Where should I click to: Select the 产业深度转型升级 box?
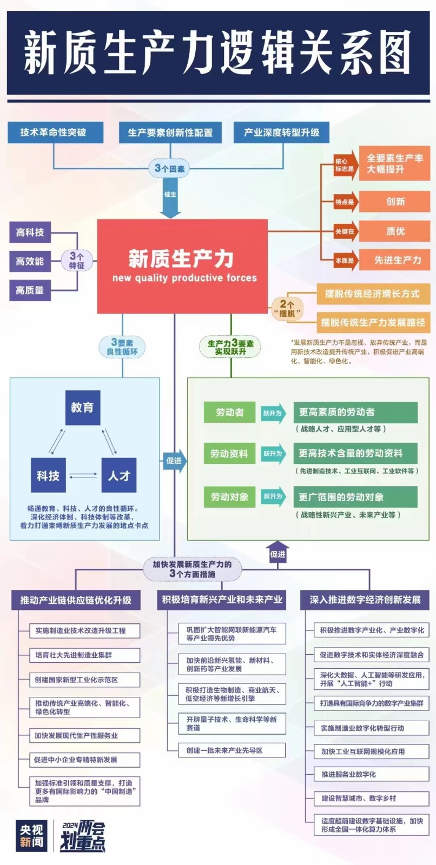pyautogui.click(x=281, y=132)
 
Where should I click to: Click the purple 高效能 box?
pyautogui.click(x=30, y=261)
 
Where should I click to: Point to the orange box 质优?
pyautogui.click(x=395, y=231)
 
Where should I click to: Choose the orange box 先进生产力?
pyautogui.click(x=395, y=260)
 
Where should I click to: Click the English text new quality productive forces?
pyautogui.click(x=184, y=278)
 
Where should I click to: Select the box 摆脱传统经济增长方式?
pyautogui.click(x=372, y=294)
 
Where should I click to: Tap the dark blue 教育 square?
pyautogui.click(x=82, y=408)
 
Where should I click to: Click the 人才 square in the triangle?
pyautogui.click(x=119, y=476)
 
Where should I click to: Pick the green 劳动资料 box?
pyautogui.click(x=229, y=454)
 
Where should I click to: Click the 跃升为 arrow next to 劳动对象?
pyautogui.click(x=273, y=496)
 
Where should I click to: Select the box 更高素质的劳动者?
pyautogui.click(x=355, y=412)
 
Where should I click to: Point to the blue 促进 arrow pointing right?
pyautogui.click(x=174, y=461)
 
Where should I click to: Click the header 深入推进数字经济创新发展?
pyautogui.click(x=365, y=600)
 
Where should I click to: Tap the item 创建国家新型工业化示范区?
pyautogui.click(x=84, y=680)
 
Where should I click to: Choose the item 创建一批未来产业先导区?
pyautogui.click(x=232, y=750)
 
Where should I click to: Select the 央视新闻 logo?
pyautogui.click(x=32, y=835)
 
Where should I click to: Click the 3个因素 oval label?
pyautogui.click(x=170, y=169)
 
